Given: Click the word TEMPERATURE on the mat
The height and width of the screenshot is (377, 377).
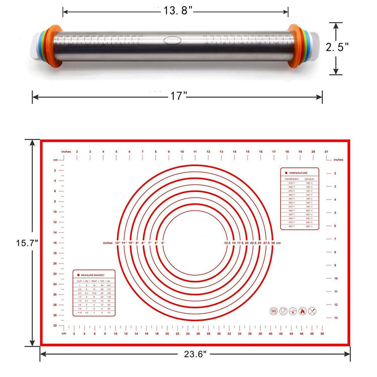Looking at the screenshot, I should pyautogui.click(x=299, y=173).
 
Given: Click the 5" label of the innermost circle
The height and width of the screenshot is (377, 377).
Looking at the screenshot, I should pyautogui.click(x=163, y=243).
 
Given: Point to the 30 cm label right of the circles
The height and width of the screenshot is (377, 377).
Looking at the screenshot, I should pyautogui.click(x=274, y=243).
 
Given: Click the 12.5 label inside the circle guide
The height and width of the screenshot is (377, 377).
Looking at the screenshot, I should pyautogui.click(x=227, y=243).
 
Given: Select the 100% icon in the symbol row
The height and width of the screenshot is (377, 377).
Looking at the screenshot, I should pyautogui.click(x=274, y=311).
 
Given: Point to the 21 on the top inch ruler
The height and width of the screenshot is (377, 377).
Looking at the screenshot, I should pyautogui.click(x=327, y=152).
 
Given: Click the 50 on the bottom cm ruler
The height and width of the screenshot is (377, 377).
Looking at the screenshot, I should pyautogui.click(x=322, y=334).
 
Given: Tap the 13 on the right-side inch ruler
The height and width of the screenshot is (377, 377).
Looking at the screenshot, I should pyautogui.click(x=335, y=318).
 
